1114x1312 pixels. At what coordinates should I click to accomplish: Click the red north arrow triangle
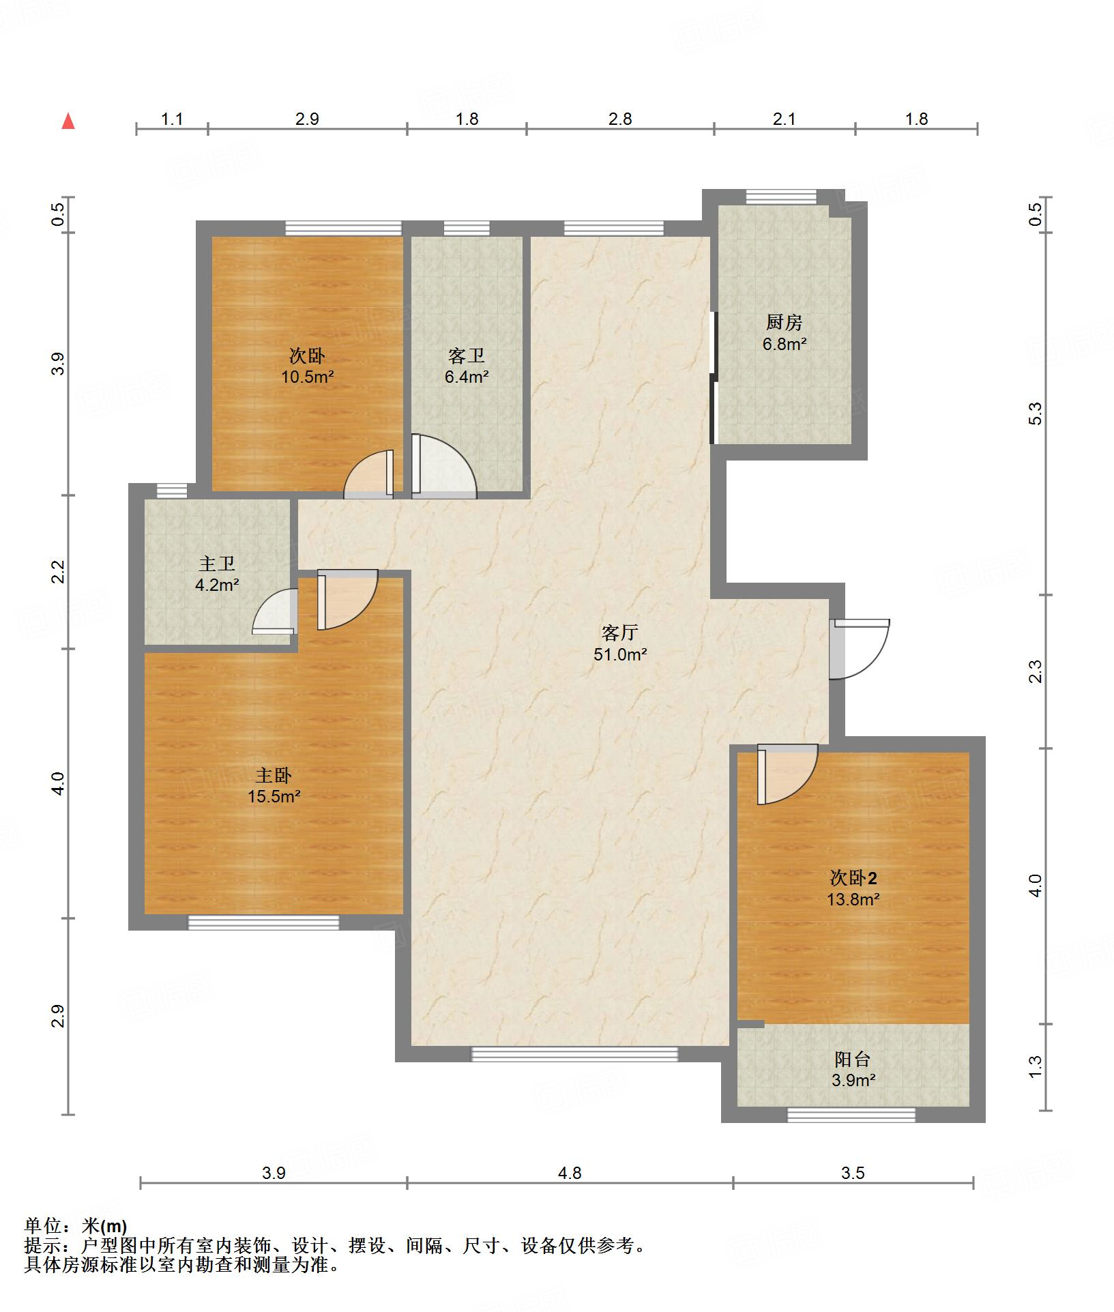(x=68, y=121)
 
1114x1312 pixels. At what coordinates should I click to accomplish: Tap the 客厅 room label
(x=620, y=632)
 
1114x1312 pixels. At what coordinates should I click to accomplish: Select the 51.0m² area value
(x=620, y=655)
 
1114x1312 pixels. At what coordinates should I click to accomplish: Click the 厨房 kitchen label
(x=785, y=322)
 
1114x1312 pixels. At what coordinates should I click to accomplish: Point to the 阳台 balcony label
(x=853, y=1060)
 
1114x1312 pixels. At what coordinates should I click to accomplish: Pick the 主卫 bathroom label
(x=217, y=564)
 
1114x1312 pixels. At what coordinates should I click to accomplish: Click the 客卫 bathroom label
(x=467, y=355)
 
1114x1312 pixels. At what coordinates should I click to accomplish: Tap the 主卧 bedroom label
(x=274, y=775)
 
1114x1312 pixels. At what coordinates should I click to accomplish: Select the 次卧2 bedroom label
(x=853, y=877)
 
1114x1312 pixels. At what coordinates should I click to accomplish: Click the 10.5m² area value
(x=308, y=377)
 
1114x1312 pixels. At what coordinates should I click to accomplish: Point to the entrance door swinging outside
(x=860, y=649)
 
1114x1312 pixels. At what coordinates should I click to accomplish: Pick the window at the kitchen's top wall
(x=781, y=196)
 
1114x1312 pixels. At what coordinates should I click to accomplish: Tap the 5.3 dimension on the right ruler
(x=1036, y=414)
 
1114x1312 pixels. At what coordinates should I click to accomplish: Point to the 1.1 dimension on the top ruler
(x=172, y=119)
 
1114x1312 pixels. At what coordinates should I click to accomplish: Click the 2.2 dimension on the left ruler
(x=59, y=571)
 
